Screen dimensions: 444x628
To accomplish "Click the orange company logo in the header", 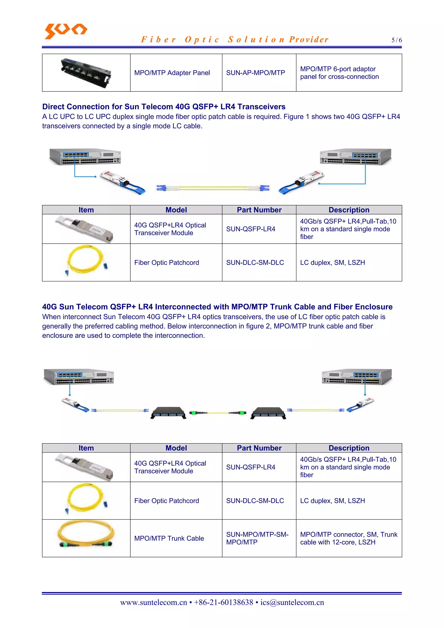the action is pyautogui.click(x=66, y=31).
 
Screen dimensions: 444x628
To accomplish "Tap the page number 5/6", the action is pyautogui.click(x=396, y=40).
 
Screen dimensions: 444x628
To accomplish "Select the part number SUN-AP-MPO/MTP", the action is pyautogui.click(x=255, y=73).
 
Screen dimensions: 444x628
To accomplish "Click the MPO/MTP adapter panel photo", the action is pyautogui.click(x=86, y=73).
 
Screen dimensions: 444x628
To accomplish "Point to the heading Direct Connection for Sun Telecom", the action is pyautogui.click(x=164, y=107).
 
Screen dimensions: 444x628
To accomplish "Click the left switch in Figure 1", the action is pyautogui.click(x=85, y=157).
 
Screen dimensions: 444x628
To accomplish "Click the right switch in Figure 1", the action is pyautogui.click(x=355, y=157).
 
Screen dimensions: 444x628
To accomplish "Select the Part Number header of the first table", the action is pyautogui.click(x=259, y=210).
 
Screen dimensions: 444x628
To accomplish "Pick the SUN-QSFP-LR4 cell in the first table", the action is pyautogui.click(x=251, y=229).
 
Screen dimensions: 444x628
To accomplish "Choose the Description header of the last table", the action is pyautogui.click(x=349, y=448).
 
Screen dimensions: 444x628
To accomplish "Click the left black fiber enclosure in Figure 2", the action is pyautogui.click(x=168, y=413).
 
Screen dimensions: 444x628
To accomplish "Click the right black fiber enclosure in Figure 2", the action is pyautogui.click(x=268, y=413).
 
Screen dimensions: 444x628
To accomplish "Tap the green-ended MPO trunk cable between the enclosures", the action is pyautogui.click(x=218, y=413).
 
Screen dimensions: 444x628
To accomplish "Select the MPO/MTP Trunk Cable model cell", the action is pyautogui.click(x=169, y=538).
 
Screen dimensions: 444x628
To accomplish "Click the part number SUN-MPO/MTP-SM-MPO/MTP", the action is pyautogui.click(x=257, y=538).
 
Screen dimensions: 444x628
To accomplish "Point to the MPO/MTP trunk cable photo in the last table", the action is pyautogui.click(x=86, y=534).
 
